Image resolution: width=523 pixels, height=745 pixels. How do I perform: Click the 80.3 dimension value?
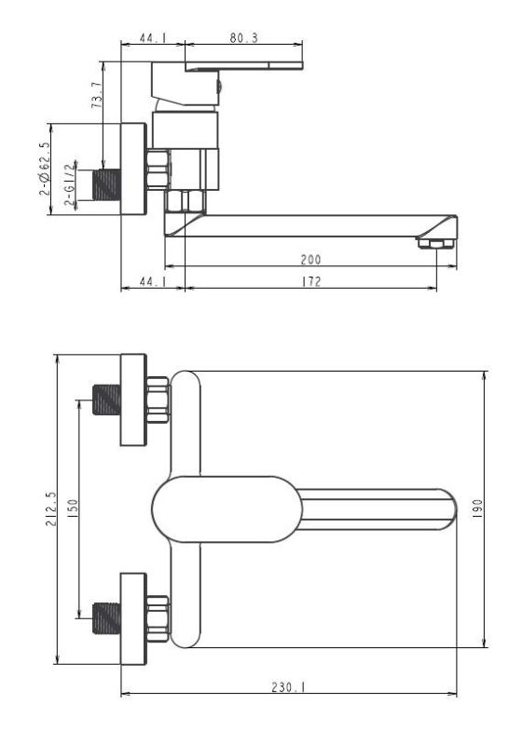coord(244,38)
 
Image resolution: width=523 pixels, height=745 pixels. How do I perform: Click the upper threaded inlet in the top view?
coord(108,401)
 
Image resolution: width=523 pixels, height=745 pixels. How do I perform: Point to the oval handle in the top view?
coord(227,509)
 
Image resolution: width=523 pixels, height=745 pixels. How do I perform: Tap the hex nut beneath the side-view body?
coord(185,201)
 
